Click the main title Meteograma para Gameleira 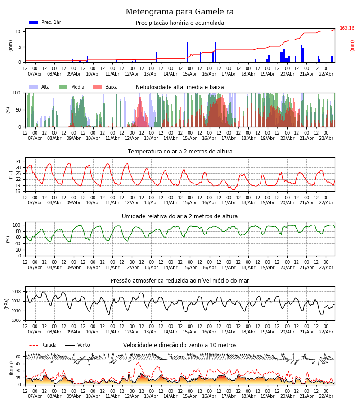[180, 12]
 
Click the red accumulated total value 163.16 [347, 28]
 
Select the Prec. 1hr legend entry [45, 22]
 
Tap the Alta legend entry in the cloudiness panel [40, 87]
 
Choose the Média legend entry [72, 87]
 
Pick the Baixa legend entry [106, 87]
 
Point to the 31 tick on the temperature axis [18, 162]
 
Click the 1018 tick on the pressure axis [16, 292]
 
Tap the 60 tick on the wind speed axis [18, 357]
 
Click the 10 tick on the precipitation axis [18, 31]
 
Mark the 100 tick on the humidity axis [17, 225]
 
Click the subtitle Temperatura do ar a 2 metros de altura [180, 152]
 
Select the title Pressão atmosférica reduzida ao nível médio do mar [180, 281]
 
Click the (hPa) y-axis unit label [7, 303]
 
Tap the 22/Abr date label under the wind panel [326, 396]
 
